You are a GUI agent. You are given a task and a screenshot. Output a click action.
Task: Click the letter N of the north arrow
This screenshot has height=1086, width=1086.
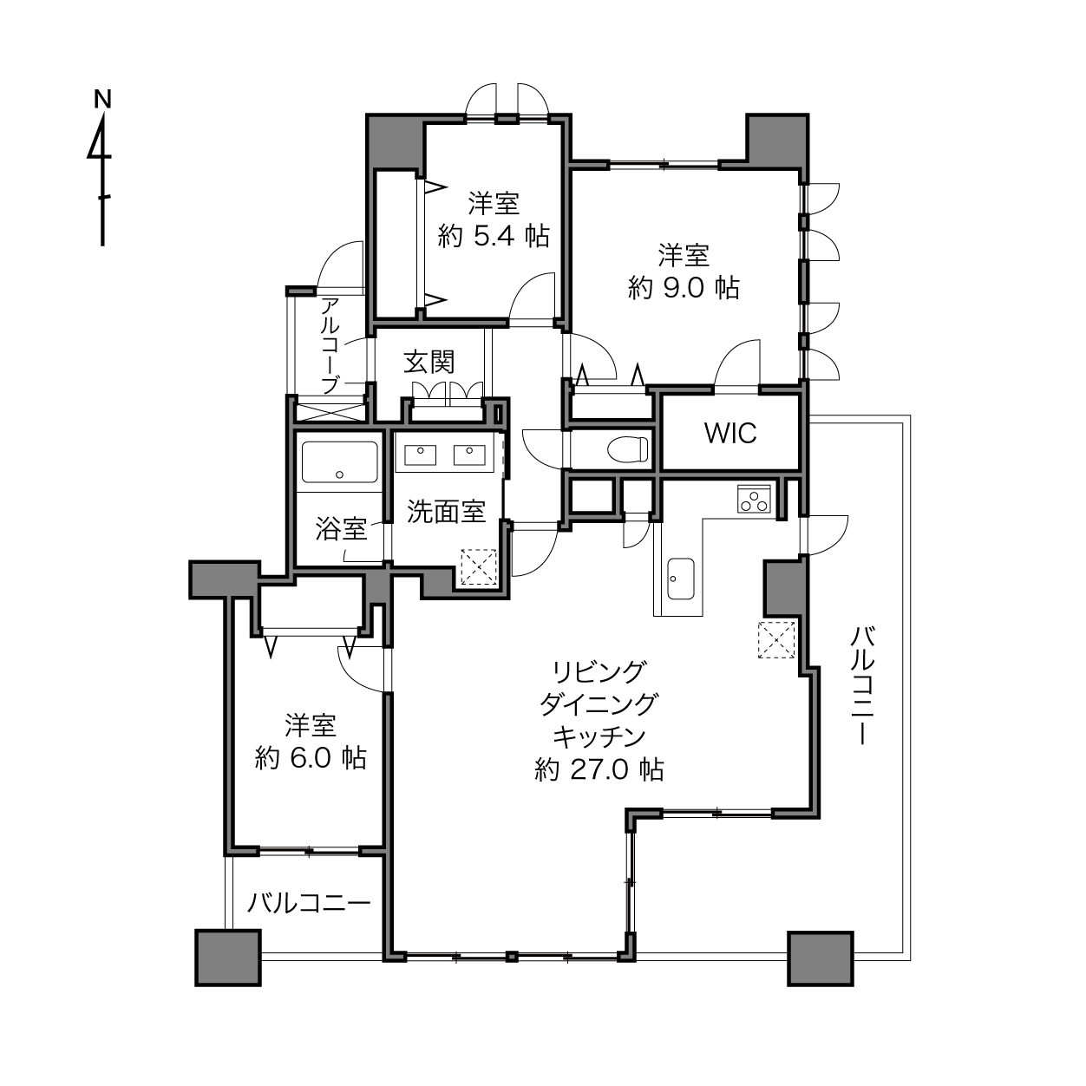[x=102, y=99]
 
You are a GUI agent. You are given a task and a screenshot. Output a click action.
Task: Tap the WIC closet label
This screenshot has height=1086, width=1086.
[x=729, y=433]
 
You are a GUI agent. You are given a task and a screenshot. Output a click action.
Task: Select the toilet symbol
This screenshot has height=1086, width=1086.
[x=628, y=449]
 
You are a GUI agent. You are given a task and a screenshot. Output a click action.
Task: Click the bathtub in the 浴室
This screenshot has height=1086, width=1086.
[x=340, y=461]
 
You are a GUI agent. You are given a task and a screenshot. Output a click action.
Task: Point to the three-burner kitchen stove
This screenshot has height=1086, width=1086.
[x=754, y=499]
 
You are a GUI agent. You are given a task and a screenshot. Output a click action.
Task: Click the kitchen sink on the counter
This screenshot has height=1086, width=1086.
[x=680, y=579]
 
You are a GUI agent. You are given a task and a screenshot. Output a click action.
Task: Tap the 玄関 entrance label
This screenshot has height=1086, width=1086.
[x=429, y=362]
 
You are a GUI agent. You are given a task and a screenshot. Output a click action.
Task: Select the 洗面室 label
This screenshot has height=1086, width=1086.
[x=446, y=511]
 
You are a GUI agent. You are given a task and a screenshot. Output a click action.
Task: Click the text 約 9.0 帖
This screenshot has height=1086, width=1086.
[x=683, y=289]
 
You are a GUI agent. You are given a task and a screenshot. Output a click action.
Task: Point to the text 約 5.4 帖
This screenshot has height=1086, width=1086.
[x=494, y=236]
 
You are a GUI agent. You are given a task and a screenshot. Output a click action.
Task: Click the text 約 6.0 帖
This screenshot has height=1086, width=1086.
[x=311, y=759]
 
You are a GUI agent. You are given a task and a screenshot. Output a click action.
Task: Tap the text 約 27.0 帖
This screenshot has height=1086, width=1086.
[x=599, y=770]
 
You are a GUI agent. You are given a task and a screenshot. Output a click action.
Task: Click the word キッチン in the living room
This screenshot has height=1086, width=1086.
[x=599, y=736]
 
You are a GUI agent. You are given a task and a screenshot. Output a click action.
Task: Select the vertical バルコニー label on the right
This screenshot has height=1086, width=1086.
[x=861, y=684]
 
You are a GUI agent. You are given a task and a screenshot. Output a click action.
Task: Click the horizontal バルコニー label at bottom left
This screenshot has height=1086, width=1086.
[x=310, y=903]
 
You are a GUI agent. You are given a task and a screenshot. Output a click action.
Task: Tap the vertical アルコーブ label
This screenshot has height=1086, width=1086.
[x=330, y=345]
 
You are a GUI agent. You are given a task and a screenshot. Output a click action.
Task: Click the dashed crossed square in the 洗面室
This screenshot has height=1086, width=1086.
[x=479, y=566]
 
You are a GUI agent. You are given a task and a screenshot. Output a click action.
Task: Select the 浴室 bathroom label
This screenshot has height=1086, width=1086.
[x=341, y=529]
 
